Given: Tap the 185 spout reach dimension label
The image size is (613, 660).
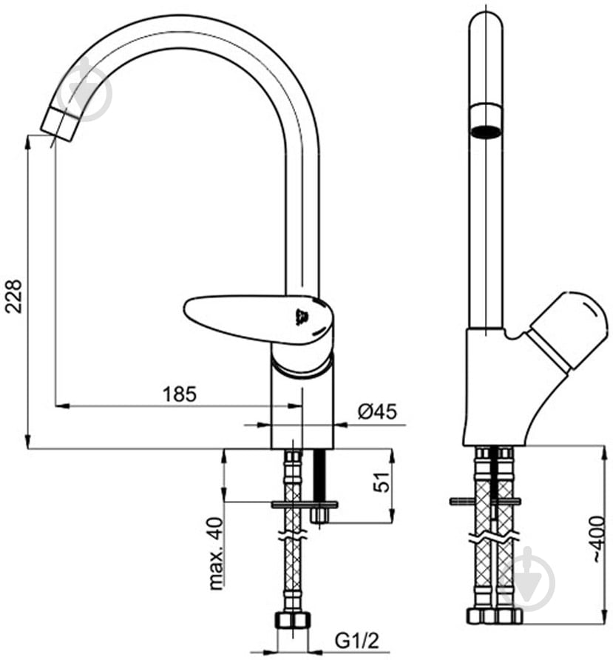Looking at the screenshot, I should point(180,394).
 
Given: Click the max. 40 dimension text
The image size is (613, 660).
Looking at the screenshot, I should point(216,553).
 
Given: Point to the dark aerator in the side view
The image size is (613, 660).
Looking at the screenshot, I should point(487,132).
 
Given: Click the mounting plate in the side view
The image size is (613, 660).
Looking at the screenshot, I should point(485,502).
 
